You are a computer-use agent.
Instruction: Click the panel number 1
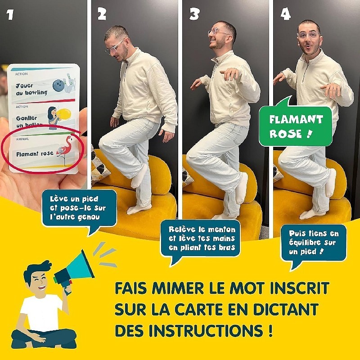pos(9,14)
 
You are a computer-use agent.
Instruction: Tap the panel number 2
pos(102,14)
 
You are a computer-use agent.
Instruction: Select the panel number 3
pos(194,14)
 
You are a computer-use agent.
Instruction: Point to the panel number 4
pos(285,14)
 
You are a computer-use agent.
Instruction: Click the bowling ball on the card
pos(58,85)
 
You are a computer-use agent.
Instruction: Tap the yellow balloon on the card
pos(64,114)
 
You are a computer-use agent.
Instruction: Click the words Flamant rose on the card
pos(35,153)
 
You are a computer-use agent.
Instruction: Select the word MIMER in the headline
pos(178,288)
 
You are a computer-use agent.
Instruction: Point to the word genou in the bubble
pos(89,217)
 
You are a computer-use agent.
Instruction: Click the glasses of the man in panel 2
pos(114,47)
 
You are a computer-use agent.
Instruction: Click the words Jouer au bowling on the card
pos(31,89)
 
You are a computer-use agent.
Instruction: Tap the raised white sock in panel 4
pos(331,183)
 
